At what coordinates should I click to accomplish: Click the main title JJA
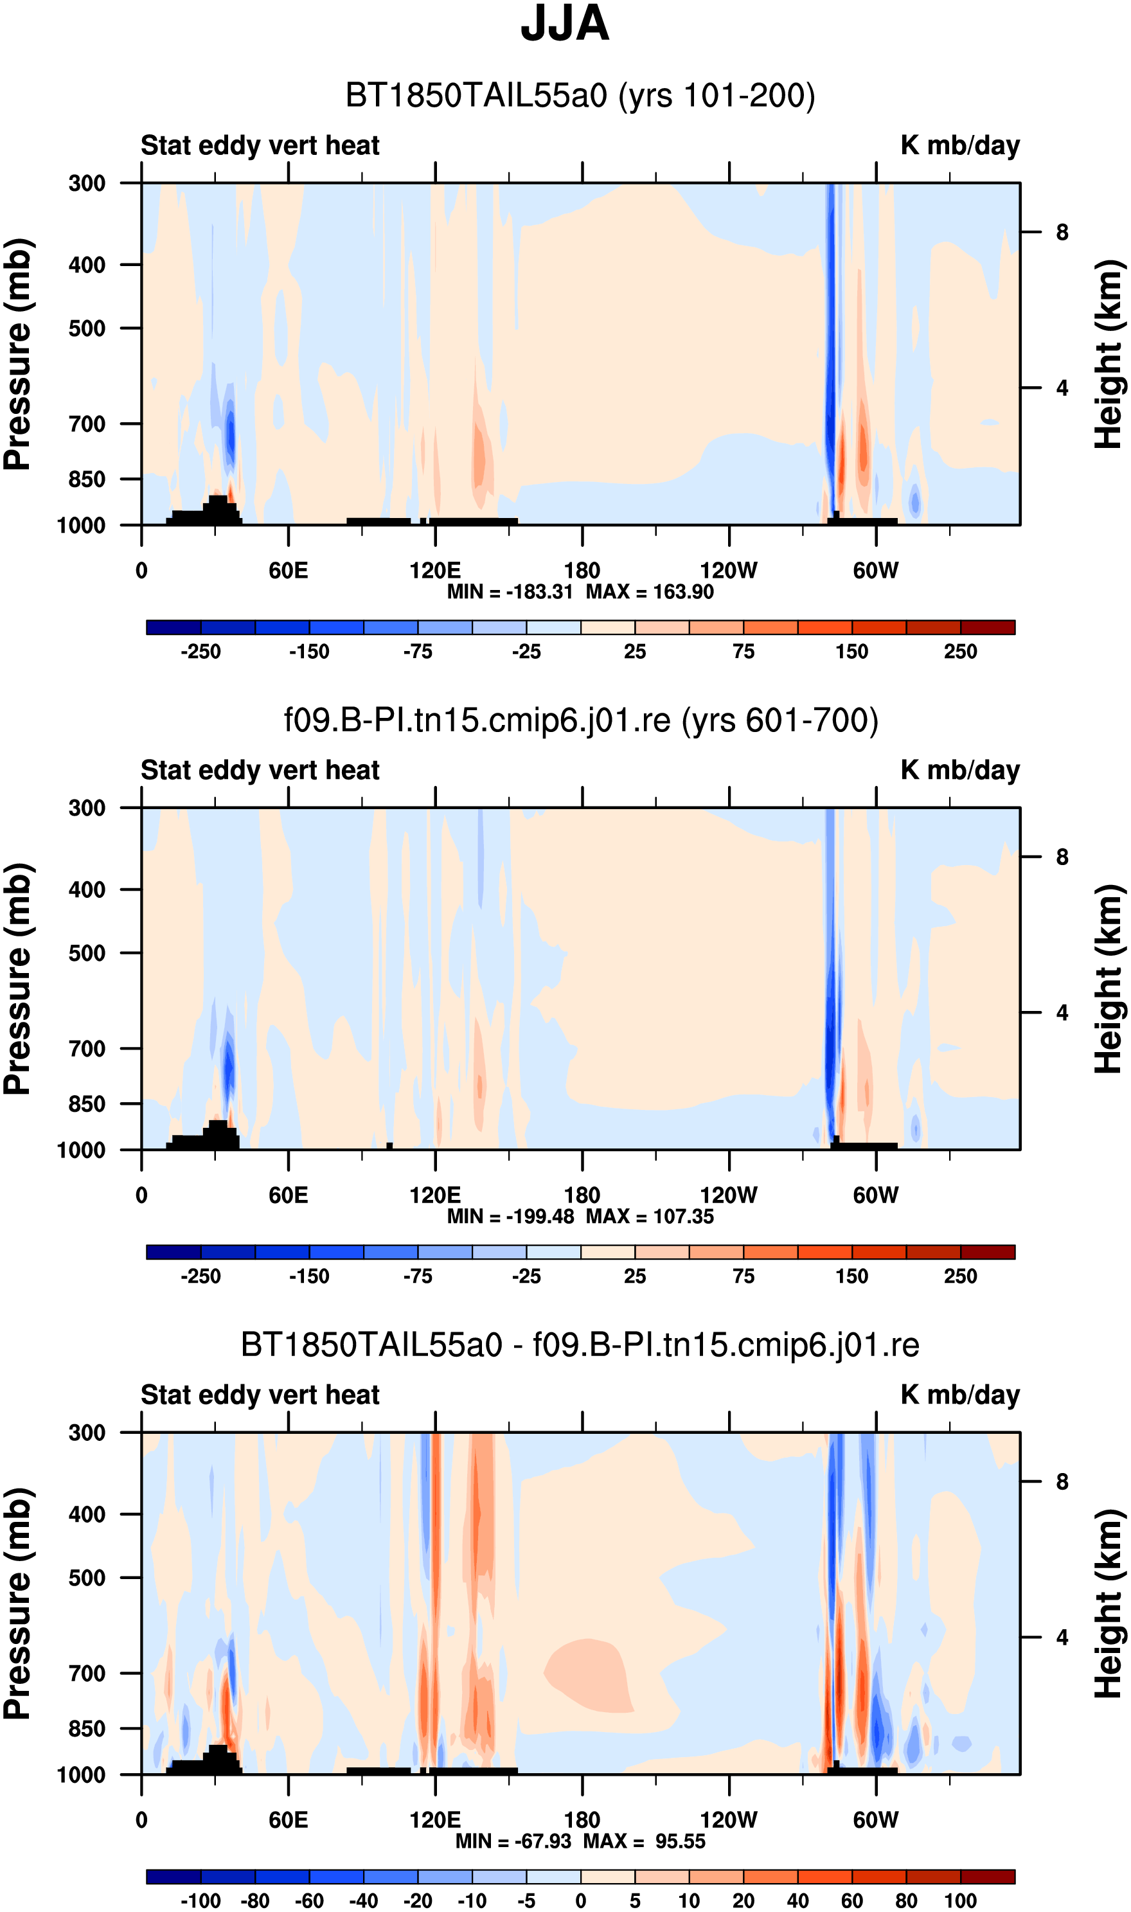pos(565,23)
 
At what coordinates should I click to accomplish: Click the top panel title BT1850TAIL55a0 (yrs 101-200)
pos(580,96)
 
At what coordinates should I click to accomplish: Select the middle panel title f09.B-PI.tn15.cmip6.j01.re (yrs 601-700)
pos(581,720)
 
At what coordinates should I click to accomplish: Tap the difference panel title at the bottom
pos(580,1345)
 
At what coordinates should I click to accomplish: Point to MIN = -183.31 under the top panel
pos(510,592)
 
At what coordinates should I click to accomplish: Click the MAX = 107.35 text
pos(649,1216)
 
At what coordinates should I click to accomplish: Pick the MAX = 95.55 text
pos(644,1841)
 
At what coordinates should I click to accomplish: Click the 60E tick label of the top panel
pos(288,570)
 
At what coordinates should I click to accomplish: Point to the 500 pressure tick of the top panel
pos(87,328)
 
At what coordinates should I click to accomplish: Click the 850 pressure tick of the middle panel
pos(87,1103)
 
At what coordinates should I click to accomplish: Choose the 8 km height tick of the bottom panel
pos(1062,1481)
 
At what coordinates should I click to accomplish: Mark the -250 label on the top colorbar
pos(200,652)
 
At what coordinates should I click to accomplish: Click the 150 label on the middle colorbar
pos(851,1276)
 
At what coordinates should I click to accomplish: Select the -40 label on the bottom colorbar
pos(363,1900)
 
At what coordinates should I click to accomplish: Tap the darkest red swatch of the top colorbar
pos(988,627)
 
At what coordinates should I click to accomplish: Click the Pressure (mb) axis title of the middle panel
pos(17,979)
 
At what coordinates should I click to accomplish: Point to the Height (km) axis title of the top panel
pos(1110,354)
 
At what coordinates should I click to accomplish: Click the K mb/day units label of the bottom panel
pos(960,1395)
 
